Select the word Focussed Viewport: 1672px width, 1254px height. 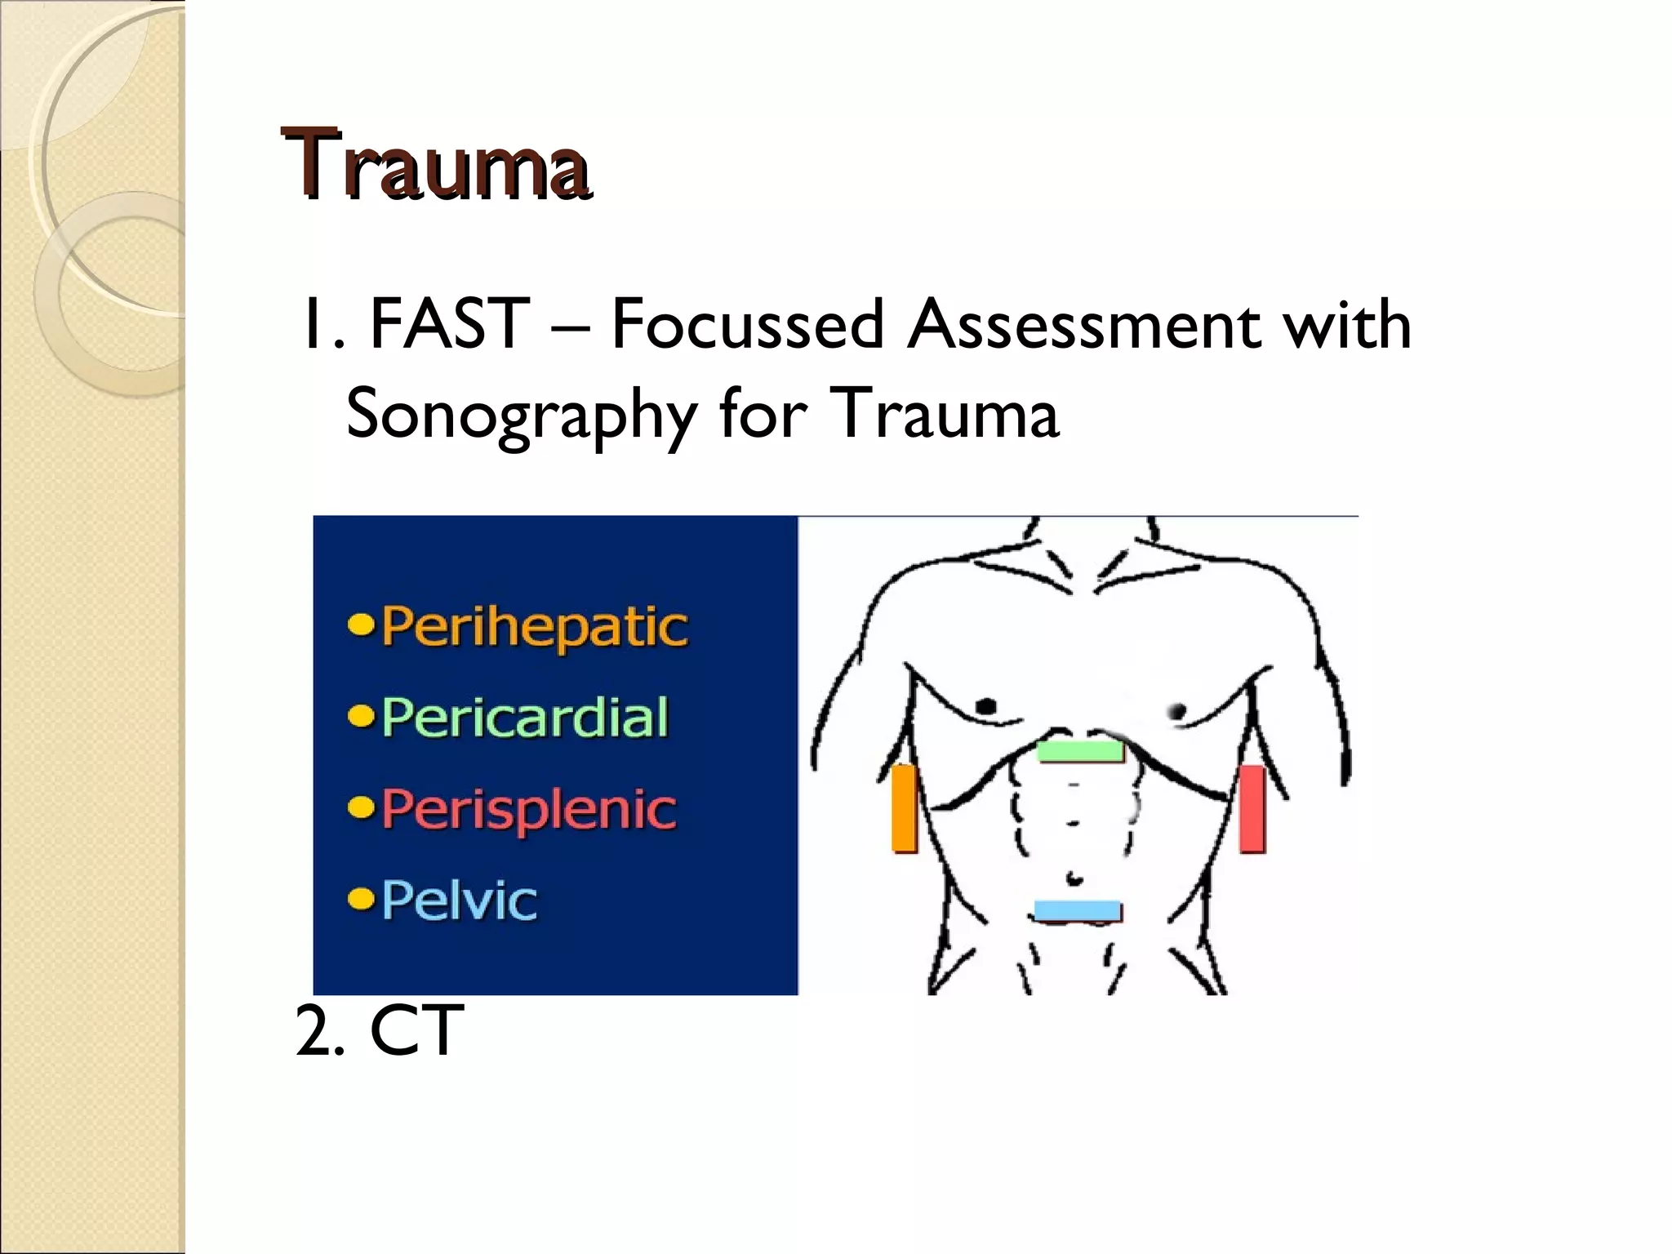click(x=748, y=324)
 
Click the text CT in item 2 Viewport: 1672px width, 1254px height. click(x=416, y=1030)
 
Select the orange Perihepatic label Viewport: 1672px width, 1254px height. click(x=535, y=627)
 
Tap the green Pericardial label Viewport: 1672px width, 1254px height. click(x=525, y=718)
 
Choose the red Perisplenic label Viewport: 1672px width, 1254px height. click(x=529, y=809)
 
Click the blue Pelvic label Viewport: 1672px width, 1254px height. click(x=460, y=900)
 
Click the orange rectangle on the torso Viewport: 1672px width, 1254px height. click(x=904, y=808)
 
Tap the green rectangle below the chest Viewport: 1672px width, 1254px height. click(x=1079, y=750)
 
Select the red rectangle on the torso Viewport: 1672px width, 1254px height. click(x=1252, y=808)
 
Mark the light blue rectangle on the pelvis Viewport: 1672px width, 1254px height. click(x=1078, y=910)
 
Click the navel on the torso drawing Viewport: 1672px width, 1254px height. click(x=1075, y=878)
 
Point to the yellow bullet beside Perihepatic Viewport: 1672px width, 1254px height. click(x=360, y=626)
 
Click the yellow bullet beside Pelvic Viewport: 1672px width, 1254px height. click(x=360, y=900)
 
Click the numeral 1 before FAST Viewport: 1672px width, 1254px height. click(x=312, y=324)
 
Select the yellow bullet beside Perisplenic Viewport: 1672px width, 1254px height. click(x=360, y=808)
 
